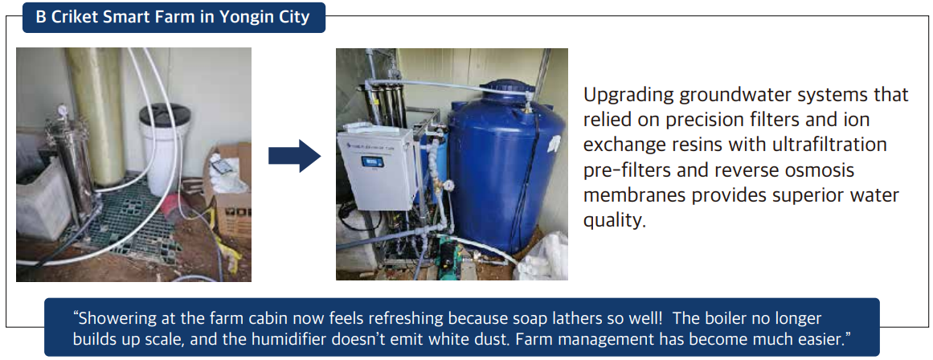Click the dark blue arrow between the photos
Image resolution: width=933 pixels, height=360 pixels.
coord(295,156)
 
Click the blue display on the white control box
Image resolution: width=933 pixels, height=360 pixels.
coord(373,162)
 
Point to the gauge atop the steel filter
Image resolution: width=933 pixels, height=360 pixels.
coord(61,111)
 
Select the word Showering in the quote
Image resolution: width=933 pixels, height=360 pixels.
coord(113,318)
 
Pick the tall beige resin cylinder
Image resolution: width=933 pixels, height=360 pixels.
coord(97,116)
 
